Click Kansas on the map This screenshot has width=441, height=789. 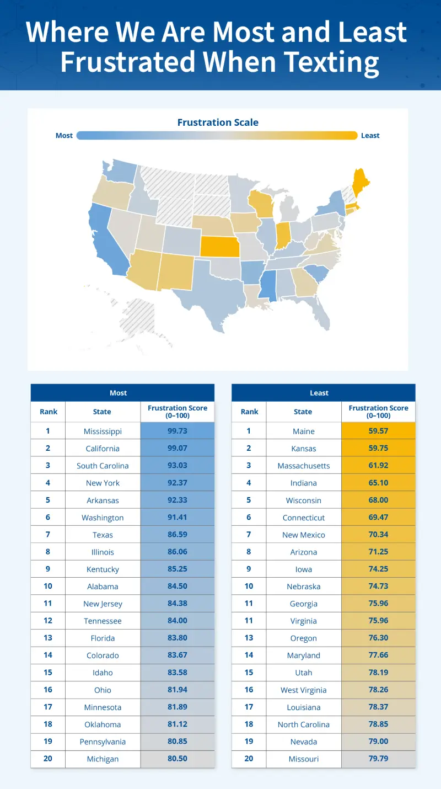click(220, 247)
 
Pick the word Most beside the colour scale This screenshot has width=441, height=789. click(64, 136)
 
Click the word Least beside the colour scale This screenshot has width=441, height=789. click(370, 136)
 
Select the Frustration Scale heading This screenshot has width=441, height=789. click(218, 122)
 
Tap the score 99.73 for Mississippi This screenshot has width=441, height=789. click(178, 431)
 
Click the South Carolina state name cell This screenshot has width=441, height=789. click(103, 466)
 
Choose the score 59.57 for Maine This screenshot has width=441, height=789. click(378, 431)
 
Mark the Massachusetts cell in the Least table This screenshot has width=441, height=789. click(304, 466)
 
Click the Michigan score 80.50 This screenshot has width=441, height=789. click(178, 759)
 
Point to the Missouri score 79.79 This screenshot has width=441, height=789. click(378, 759)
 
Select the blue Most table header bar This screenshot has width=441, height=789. click(122, 393)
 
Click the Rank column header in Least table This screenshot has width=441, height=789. click(249, 412)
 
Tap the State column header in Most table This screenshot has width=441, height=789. click(102, 412)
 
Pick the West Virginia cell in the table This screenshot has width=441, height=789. click(304, 690)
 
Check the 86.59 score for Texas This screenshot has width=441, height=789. click(178, 535)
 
